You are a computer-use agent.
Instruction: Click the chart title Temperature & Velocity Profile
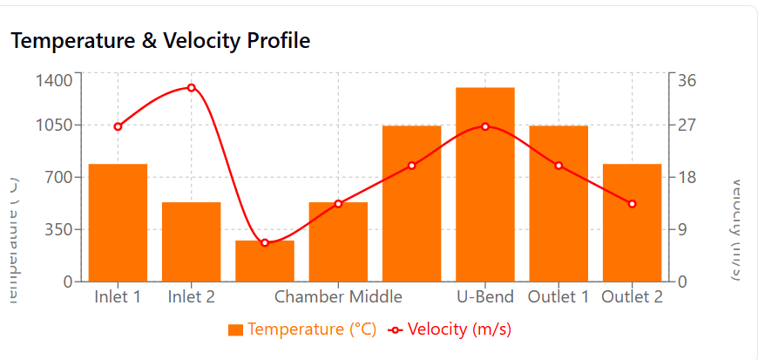click(160, 40)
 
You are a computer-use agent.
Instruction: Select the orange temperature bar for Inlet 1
click(118, 222)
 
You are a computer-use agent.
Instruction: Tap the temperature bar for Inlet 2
click(191, 241)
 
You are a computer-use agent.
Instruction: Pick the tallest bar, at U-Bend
click(485, 185)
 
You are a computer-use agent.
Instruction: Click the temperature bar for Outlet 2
click(633, 222)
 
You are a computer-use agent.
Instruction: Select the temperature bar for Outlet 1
click(558, 203)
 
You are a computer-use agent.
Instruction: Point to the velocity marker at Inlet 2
click(191, 87)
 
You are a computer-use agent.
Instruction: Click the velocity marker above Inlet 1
click(118, 126)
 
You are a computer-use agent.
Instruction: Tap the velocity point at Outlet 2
click(633, 204)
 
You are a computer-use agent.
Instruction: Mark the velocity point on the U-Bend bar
click(485, 126)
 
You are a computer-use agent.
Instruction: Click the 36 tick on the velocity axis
click(687, 80)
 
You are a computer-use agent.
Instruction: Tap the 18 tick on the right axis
click(687, 177)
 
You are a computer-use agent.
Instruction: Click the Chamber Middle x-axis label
click(338, 296)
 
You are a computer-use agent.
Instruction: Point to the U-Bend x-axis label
click(485, 296)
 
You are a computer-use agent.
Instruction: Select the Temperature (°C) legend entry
click(302, 329)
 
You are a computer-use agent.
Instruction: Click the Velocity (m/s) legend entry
click(450, 329)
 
